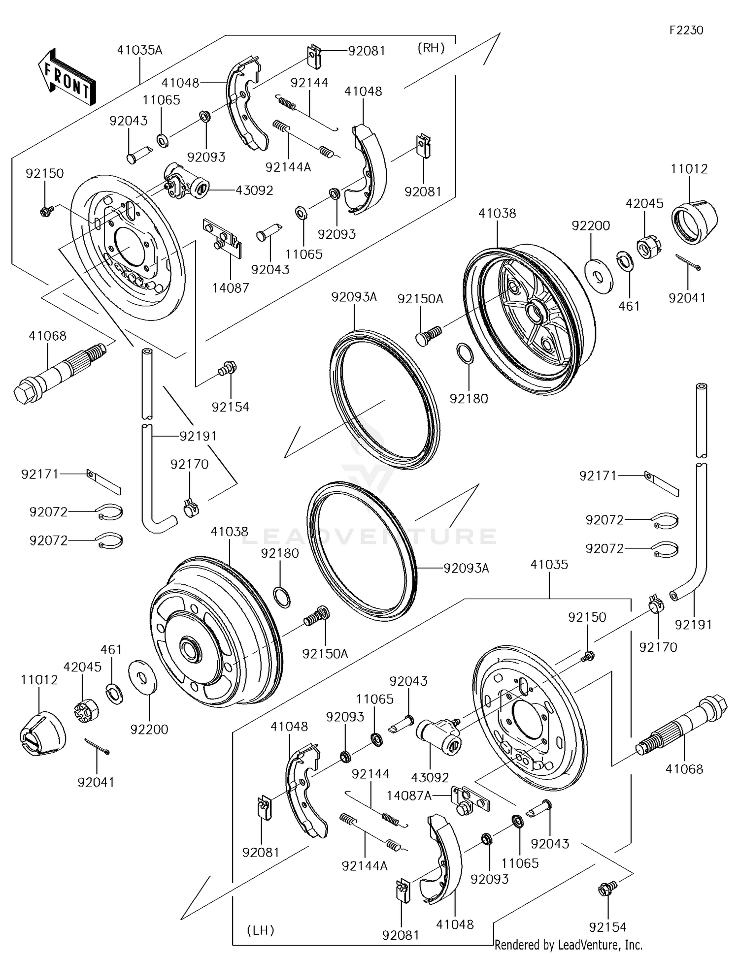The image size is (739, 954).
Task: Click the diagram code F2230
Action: (x=686, y=30)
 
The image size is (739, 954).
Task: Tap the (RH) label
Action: (x=431, y=48)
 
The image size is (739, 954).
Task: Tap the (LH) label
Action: (x=260, y=930)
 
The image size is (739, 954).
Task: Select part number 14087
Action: (x=231, y=288)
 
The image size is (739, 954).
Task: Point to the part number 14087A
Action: (x=409, y=795)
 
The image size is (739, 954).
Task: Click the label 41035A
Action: (x=139, y=50)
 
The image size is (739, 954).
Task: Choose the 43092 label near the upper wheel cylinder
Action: (x=254, y=190)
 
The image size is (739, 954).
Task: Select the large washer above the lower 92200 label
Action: (x=142, y=679)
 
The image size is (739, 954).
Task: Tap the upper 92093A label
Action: (x=354, y=297)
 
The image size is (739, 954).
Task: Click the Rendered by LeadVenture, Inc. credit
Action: (x=568, y=945)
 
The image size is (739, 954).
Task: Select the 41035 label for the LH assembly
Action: (x=549, y=565)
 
